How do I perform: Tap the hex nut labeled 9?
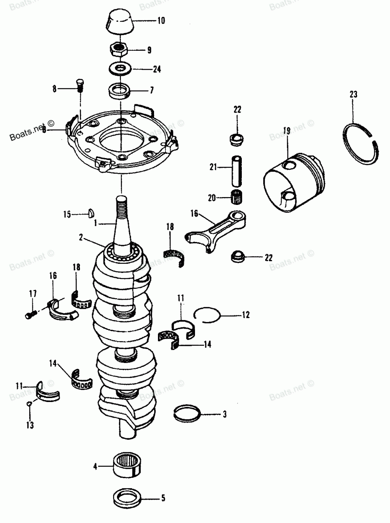(x=120, y=50)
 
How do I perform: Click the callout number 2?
(x=81, y=237)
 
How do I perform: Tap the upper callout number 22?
(x=237, y=110)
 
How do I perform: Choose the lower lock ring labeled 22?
(x=237, y=257)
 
